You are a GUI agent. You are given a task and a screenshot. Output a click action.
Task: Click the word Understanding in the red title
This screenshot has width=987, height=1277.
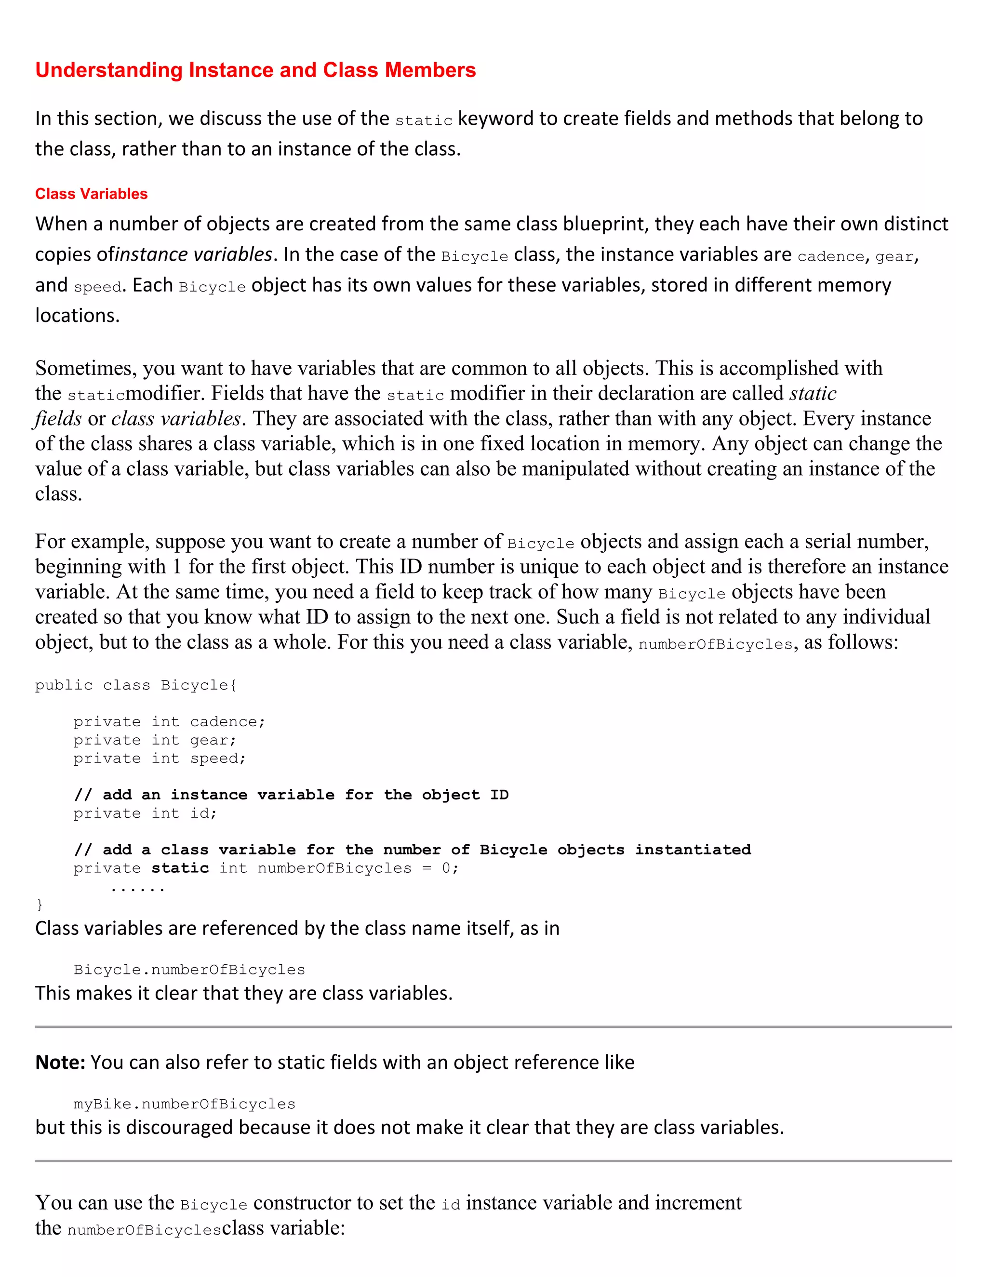coord(109,70)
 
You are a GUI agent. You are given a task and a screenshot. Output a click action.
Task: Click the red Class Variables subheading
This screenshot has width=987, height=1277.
coord(91,194)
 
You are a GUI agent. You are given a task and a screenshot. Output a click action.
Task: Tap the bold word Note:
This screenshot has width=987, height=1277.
coord(60,1063)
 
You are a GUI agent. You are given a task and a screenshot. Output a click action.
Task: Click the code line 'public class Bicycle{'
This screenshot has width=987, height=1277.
coord(135,685)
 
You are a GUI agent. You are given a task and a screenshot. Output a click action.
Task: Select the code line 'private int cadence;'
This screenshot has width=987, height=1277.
coord(169,722)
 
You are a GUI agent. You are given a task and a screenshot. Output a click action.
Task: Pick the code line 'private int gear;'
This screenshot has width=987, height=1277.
coord(155,740)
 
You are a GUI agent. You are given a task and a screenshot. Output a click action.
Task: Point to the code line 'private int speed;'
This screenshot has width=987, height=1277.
coord(160,758)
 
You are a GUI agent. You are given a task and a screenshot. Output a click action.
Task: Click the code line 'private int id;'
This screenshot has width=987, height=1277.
coord(145,813)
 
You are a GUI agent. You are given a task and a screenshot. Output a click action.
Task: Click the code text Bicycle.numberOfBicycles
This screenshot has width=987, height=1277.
coord(189,970)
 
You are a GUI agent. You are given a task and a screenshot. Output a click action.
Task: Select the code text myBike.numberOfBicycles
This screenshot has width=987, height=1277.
coord(184,1104)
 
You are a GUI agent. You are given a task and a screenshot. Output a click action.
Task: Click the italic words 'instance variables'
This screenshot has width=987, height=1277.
coord(194,255)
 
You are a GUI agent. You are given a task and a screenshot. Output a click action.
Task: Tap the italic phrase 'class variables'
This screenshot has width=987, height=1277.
coord(176,419)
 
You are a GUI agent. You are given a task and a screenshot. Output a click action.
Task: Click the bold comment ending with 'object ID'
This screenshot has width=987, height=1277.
coord(291,795)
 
